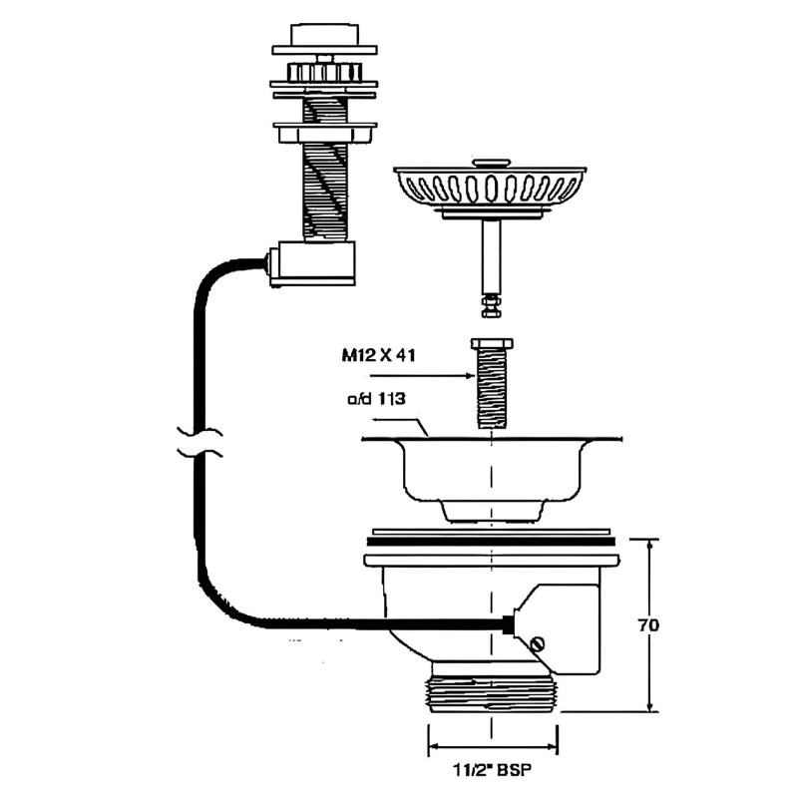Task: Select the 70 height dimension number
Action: (x=648, y=625)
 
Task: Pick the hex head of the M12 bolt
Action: (x=491, y=346)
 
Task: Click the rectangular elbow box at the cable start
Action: (x=312, y=262)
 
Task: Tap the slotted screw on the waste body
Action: (x=541, y=645)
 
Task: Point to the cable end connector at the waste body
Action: (x=510, y=622)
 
